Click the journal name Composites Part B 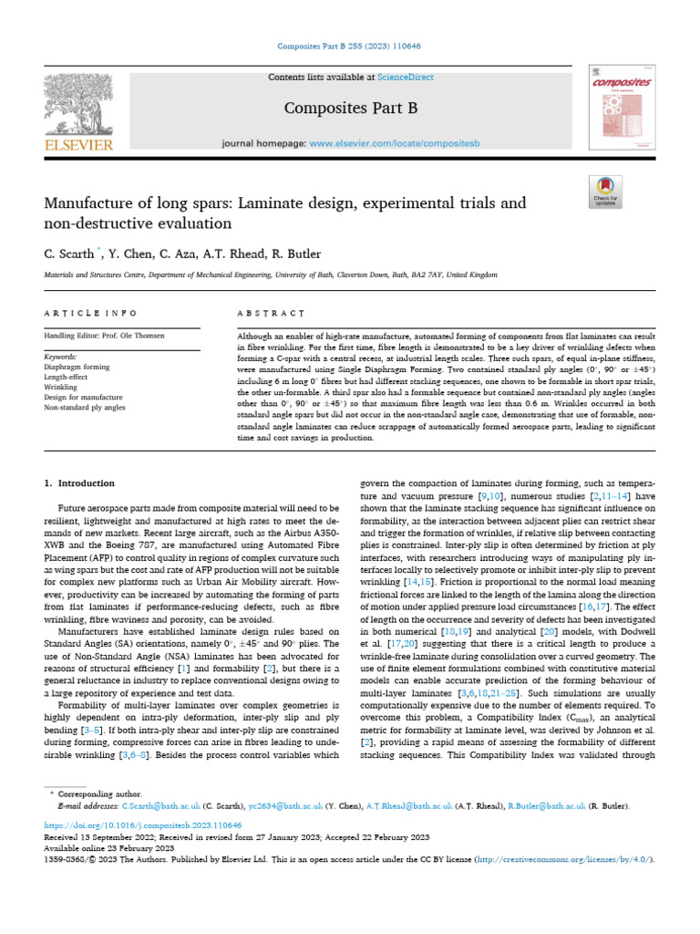(351, 109)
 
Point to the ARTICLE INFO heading (90, 312)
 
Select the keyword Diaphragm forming (76, 367)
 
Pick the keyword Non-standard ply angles (85, 407)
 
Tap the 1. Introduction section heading (80, 483)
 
